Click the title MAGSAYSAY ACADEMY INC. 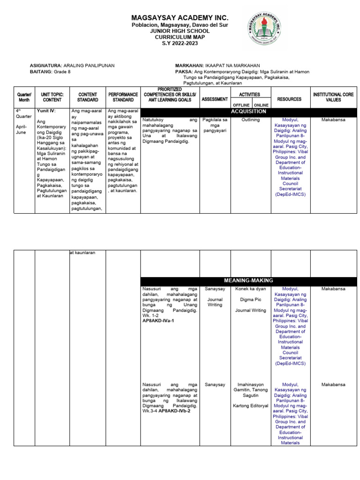tap(180, 17)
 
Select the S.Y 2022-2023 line tap(180, 43)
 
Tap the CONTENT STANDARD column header tap(88, 97)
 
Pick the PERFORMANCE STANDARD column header tap(123, 97)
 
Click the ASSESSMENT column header tap(215, 99)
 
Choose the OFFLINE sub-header tap(241, 105)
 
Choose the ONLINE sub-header tap(261, 105)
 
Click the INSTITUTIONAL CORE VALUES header tap(333, 97)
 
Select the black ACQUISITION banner tap(248, 112)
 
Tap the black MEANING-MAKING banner tap(248, 280)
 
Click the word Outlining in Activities tap(251, 120)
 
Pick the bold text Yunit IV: tap(46, 111)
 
